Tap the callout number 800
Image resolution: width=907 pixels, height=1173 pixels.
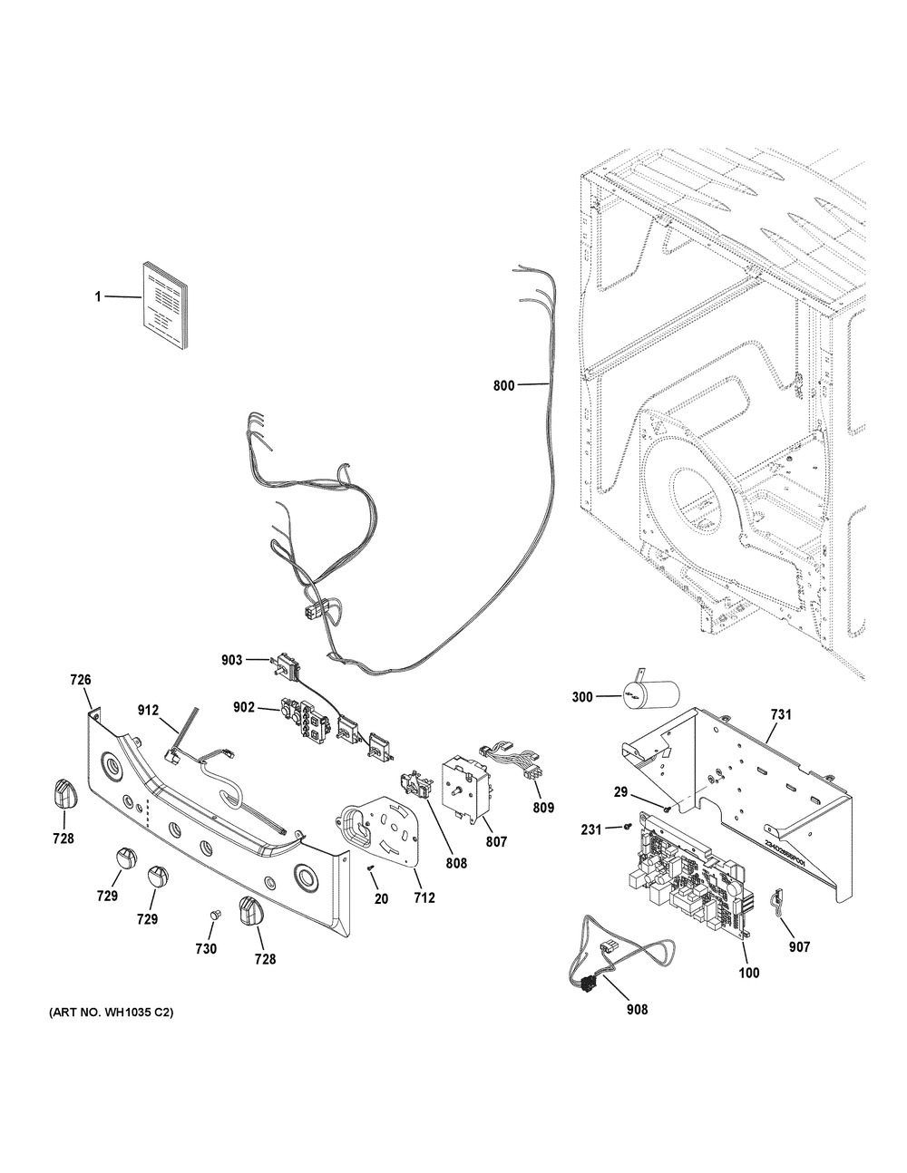(503, 385)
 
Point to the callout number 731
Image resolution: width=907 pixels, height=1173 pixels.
(781, 715)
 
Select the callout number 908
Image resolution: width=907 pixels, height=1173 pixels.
(637, 1009)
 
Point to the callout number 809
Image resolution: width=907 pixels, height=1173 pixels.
(543, 807)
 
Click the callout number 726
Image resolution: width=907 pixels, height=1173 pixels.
(81, 679)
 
